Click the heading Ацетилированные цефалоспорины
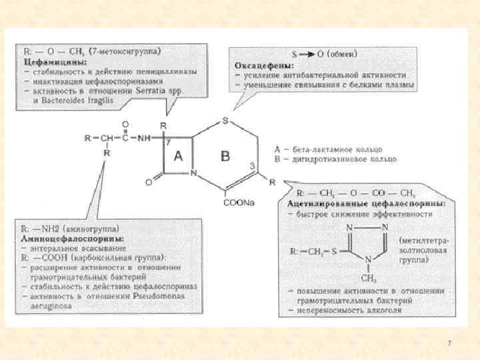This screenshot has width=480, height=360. [367, 203]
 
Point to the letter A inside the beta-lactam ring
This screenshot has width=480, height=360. [178, 156]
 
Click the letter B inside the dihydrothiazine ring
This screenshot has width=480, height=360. [225, 156]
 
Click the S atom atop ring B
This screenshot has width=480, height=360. [225, 121]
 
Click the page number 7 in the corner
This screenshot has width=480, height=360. [449, 343]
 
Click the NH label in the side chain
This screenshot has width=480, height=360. [144, 138]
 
